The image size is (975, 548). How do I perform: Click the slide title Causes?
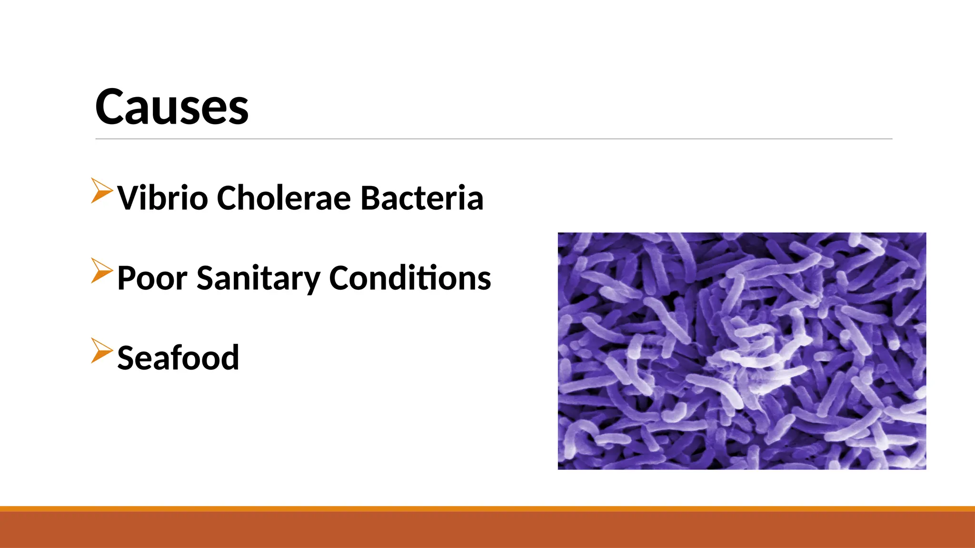[171, 107]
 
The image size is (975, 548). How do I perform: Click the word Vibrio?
[163, 197]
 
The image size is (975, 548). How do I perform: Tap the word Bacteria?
[422, 197]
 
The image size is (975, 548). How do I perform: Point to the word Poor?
[152, 278]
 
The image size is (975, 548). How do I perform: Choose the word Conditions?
[410, 278]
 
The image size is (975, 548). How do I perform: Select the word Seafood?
[178, 358]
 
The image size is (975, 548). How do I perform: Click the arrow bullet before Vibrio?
[101, 191]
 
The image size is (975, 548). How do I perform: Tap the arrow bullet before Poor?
[101, 271]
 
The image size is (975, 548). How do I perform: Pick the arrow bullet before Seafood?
[101, 351]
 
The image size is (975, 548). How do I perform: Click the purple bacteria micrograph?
[742, 351]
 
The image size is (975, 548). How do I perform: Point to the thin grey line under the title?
[494, 139]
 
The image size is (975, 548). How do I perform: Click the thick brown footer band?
[487, 530]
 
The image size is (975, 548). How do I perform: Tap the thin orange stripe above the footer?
[487, 509]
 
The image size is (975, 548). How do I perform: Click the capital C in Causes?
[111, 107]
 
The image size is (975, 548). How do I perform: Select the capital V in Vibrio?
[129, 197]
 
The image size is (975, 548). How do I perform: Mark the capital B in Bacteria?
[372, 197]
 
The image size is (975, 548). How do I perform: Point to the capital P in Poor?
[127, 278]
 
